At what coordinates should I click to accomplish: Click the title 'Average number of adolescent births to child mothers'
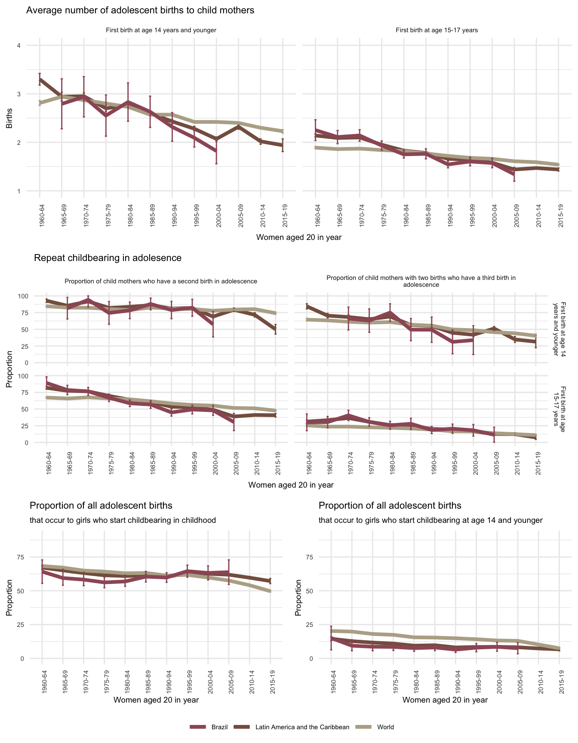point(140,10)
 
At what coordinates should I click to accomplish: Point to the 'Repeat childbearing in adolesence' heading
point(108,258)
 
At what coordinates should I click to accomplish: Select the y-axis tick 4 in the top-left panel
point(18,46)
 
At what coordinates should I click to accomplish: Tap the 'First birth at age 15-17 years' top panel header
point(437,30)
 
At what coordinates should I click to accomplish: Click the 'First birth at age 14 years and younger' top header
point(161,30)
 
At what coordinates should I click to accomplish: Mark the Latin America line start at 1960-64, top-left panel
point(40,80)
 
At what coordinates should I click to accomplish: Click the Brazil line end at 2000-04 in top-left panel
point(216,150)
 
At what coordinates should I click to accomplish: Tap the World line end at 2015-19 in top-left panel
point(283,131)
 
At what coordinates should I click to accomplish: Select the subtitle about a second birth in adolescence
point(161,281)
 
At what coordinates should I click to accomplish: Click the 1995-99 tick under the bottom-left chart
point(188,680)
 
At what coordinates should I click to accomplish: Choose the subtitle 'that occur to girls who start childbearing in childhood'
point(123,520)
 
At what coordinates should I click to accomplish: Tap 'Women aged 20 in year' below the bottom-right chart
point(445,700)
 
